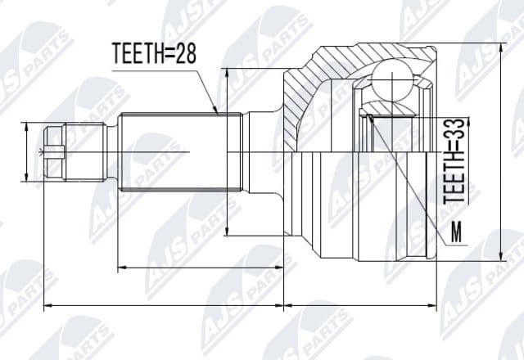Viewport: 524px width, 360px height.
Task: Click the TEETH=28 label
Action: pos(154,54)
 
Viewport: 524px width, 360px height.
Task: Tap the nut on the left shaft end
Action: pos(53,151)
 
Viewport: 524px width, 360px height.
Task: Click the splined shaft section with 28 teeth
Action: pos(176,152)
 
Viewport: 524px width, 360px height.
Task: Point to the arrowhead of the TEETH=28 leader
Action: pos(215,110)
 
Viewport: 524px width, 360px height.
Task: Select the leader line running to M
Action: pos(409,179)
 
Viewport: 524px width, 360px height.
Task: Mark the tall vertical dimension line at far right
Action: pos(500,151)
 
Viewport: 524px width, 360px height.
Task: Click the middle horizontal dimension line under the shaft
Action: pos(200,267)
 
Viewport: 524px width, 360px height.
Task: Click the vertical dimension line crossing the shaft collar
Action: pos(227,152)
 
